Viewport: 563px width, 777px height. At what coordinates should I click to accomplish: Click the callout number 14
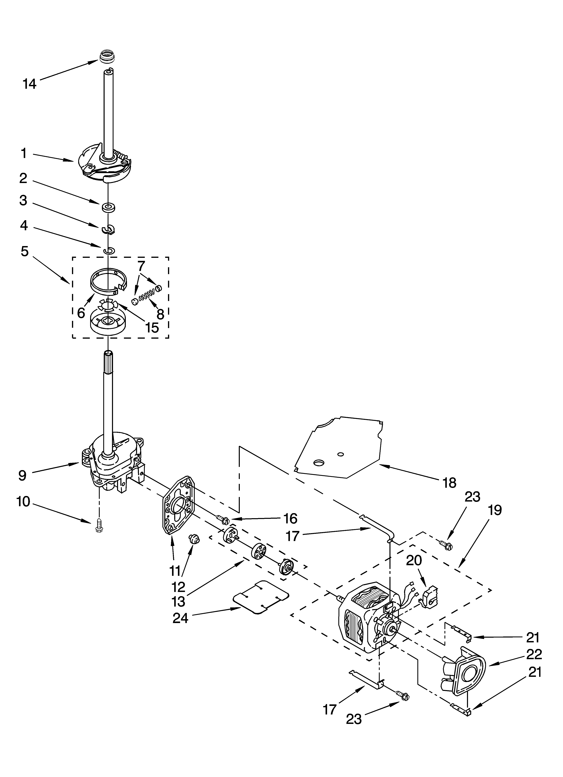coord(29,84)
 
